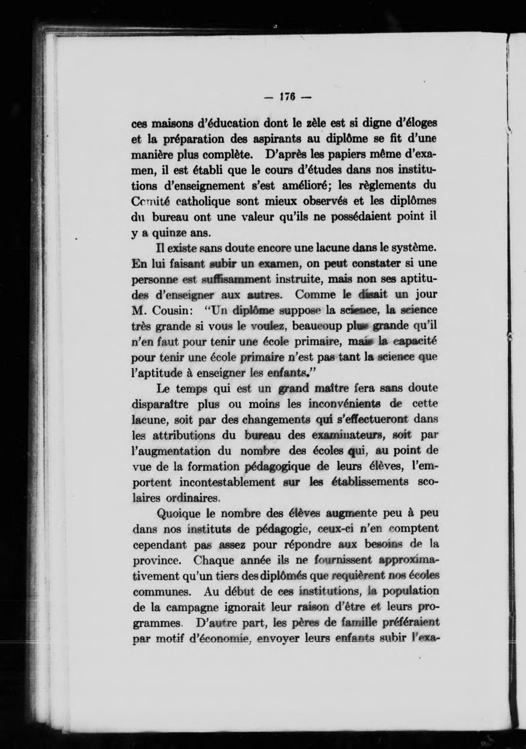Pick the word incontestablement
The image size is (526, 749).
click(x=227, y=482)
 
